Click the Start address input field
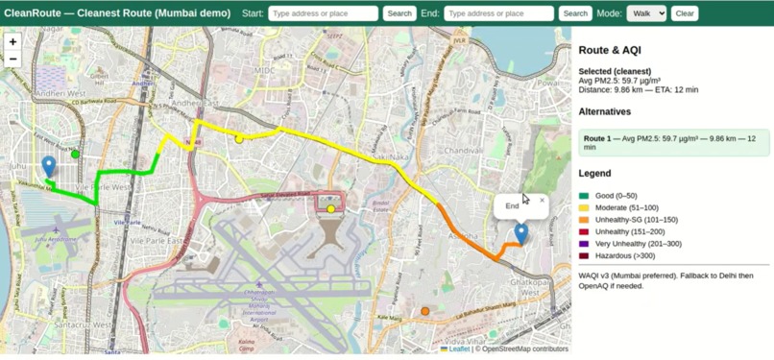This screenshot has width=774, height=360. pyautogui.click(x=323, y=13)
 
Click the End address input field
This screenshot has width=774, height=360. pyautogui.click(x=499, y=13)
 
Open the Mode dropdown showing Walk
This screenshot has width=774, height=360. pyautogui.click(x=645, y=13)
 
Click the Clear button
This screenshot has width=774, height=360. pyautogui.click(x=685, y=13)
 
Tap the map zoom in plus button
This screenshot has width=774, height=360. pyautogui.click(x=12, y=41)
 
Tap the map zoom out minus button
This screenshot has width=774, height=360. pyautogui.click(x=12, y=59)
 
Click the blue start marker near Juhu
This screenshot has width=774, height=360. pyautogui.click(x=49, y=167)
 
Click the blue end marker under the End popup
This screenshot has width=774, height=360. pyautogui.click(x=520, y=232)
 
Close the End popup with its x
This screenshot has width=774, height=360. pyautogui.click(x=542, y=201)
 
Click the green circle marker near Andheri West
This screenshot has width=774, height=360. pyautogui.click(x=76, y=154)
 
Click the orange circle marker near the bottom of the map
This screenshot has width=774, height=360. pyautogui.click(x=425, y=311)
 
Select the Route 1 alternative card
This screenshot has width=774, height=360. pyautogui.click(x=673, y=143)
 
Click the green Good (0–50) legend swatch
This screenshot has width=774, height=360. pyautogui.click(x=584, y=196)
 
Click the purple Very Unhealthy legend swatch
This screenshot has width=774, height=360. pyautogui.click(x=584, y=244)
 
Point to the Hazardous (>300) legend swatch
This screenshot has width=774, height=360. pyautogui.click(x=584, y=256)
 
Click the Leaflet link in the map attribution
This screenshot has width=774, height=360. pyautogui.click(x=459, y=349)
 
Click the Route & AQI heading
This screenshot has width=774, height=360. pyautogui.click(x=610, y=50)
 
